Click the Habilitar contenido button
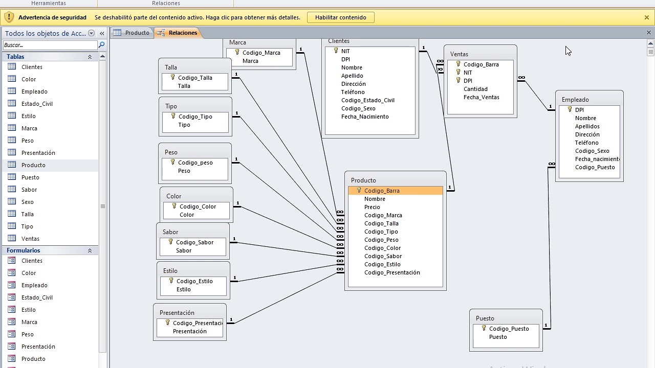coord(341,17)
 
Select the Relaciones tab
coord(178,33)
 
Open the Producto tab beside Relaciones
coord(132,33)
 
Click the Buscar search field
coord(50,45)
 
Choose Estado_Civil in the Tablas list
coord(37,104)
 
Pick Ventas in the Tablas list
coord(30,239)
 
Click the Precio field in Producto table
coord(372,207)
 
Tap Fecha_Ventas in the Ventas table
coord(482,97)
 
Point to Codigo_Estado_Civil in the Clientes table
coord(367,100)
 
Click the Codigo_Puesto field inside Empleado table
coord(595,167)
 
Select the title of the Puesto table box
coord(485,318)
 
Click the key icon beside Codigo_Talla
coord(172,77)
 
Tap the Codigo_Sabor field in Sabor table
coord(194,242)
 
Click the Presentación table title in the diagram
coord(177,313)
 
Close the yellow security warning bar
coord(647,17)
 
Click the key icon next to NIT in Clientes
coord(336,51)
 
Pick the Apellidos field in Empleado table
coord(587,126)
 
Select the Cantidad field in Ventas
coord(475,89)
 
